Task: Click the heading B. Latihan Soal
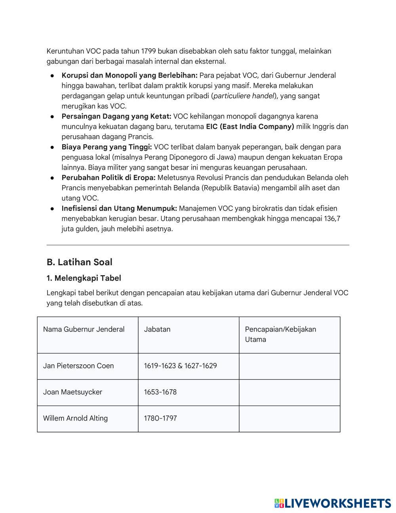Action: coord(79,262)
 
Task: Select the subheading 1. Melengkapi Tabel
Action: coord(84,278)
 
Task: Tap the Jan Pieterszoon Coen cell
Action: coord(78,366)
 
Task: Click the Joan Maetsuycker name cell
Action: coord(72,392)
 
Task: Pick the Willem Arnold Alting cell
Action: coord(75,418)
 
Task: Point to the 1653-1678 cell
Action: coord(160,392)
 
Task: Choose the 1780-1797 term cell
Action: coord(160,418)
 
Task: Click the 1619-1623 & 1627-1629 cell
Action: coord(180,366)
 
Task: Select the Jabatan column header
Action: coord(157,329)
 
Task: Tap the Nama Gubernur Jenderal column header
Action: coord(84,329)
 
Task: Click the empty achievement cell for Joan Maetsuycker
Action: coord(289,392)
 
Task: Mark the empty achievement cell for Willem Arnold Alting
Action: coord(289,419)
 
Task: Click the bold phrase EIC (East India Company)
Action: coord(250,127)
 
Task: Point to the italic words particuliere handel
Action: coord(244,96)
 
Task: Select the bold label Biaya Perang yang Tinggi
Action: coord(107,147)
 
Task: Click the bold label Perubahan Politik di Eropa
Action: coord(109,178)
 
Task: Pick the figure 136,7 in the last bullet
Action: coord(332,219)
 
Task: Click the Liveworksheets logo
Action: coord(332,503)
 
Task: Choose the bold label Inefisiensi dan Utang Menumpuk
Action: coord(119,209)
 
